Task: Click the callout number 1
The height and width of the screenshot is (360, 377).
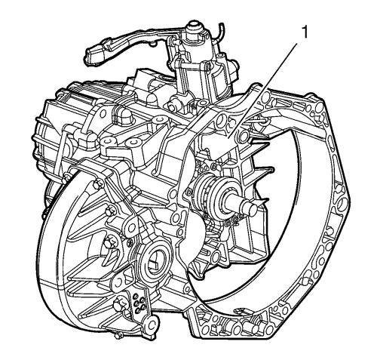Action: click(305, 32)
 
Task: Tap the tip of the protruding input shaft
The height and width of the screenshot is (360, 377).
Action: click(252, 209)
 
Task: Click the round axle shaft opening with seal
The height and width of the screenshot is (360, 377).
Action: click(153, 263)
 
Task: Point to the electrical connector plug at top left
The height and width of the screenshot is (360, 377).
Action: click(97, 55)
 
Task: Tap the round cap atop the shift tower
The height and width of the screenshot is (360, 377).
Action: click(193, 26)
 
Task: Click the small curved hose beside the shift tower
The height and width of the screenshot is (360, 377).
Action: click(221, 32)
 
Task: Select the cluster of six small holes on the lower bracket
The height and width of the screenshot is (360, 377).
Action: click(139, 303)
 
